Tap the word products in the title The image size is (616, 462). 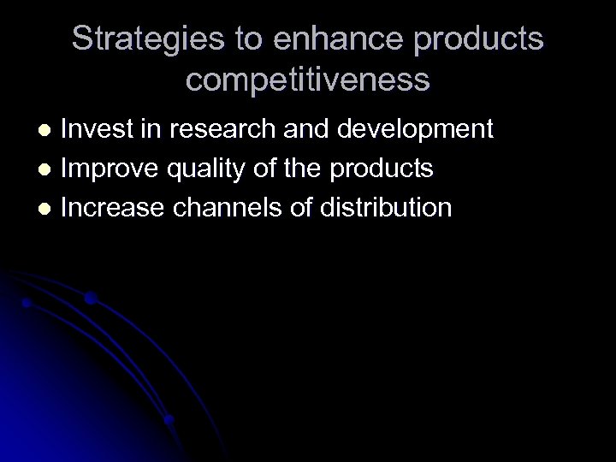click(481, 39)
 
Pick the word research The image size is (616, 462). click(226, 129)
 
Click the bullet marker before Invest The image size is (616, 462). click(48, 130)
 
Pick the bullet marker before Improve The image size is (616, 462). click(48, 169)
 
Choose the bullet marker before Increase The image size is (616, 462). click(48, 208)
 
